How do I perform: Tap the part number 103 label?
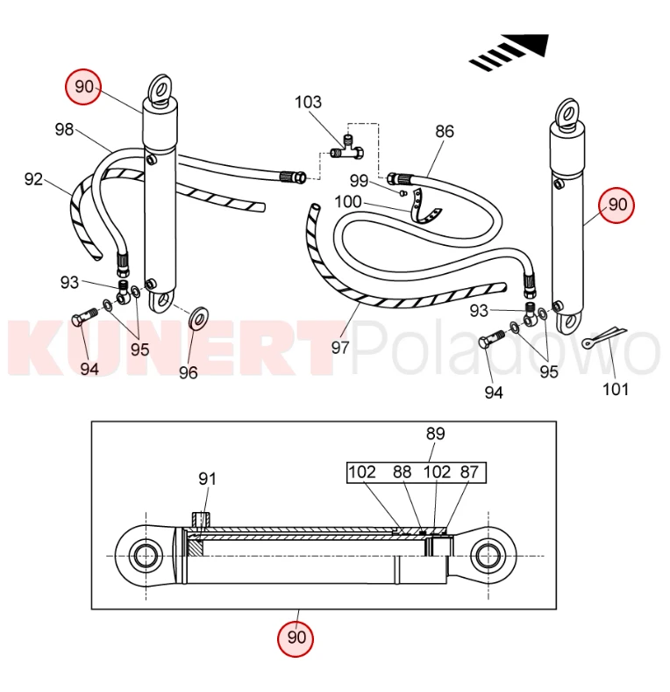point(308,103)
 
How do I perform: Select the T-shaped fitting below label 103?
point(347,149)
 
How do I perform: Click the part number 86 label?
point(445,132)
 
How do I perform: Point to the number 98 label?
point(64,129)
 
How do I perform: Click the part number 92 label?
point(33,179)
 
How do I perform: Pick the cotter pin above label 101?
point(603,335)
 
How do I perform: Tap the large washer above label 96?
point(198,318)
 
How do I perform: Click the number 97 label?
point(340,348)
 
